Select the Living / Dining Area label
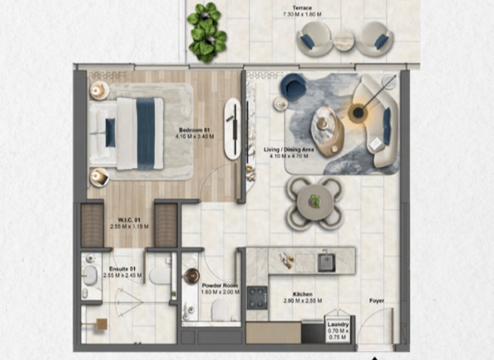point(289,149)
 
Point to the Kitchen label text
point(302,294)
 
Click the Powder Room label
point(220,285)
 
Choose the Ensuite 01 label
point(122,269)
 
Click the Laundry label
point(338,325)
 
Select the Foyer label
point(377,300)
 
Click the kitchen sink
point(327,262)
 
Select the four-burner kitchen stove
point(258,297)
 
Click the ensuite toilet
point(160,275)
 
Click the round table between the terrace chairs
point(344,40)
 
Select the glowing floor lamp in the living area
point(358,114)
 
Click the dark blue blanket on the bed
point(146,133)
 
